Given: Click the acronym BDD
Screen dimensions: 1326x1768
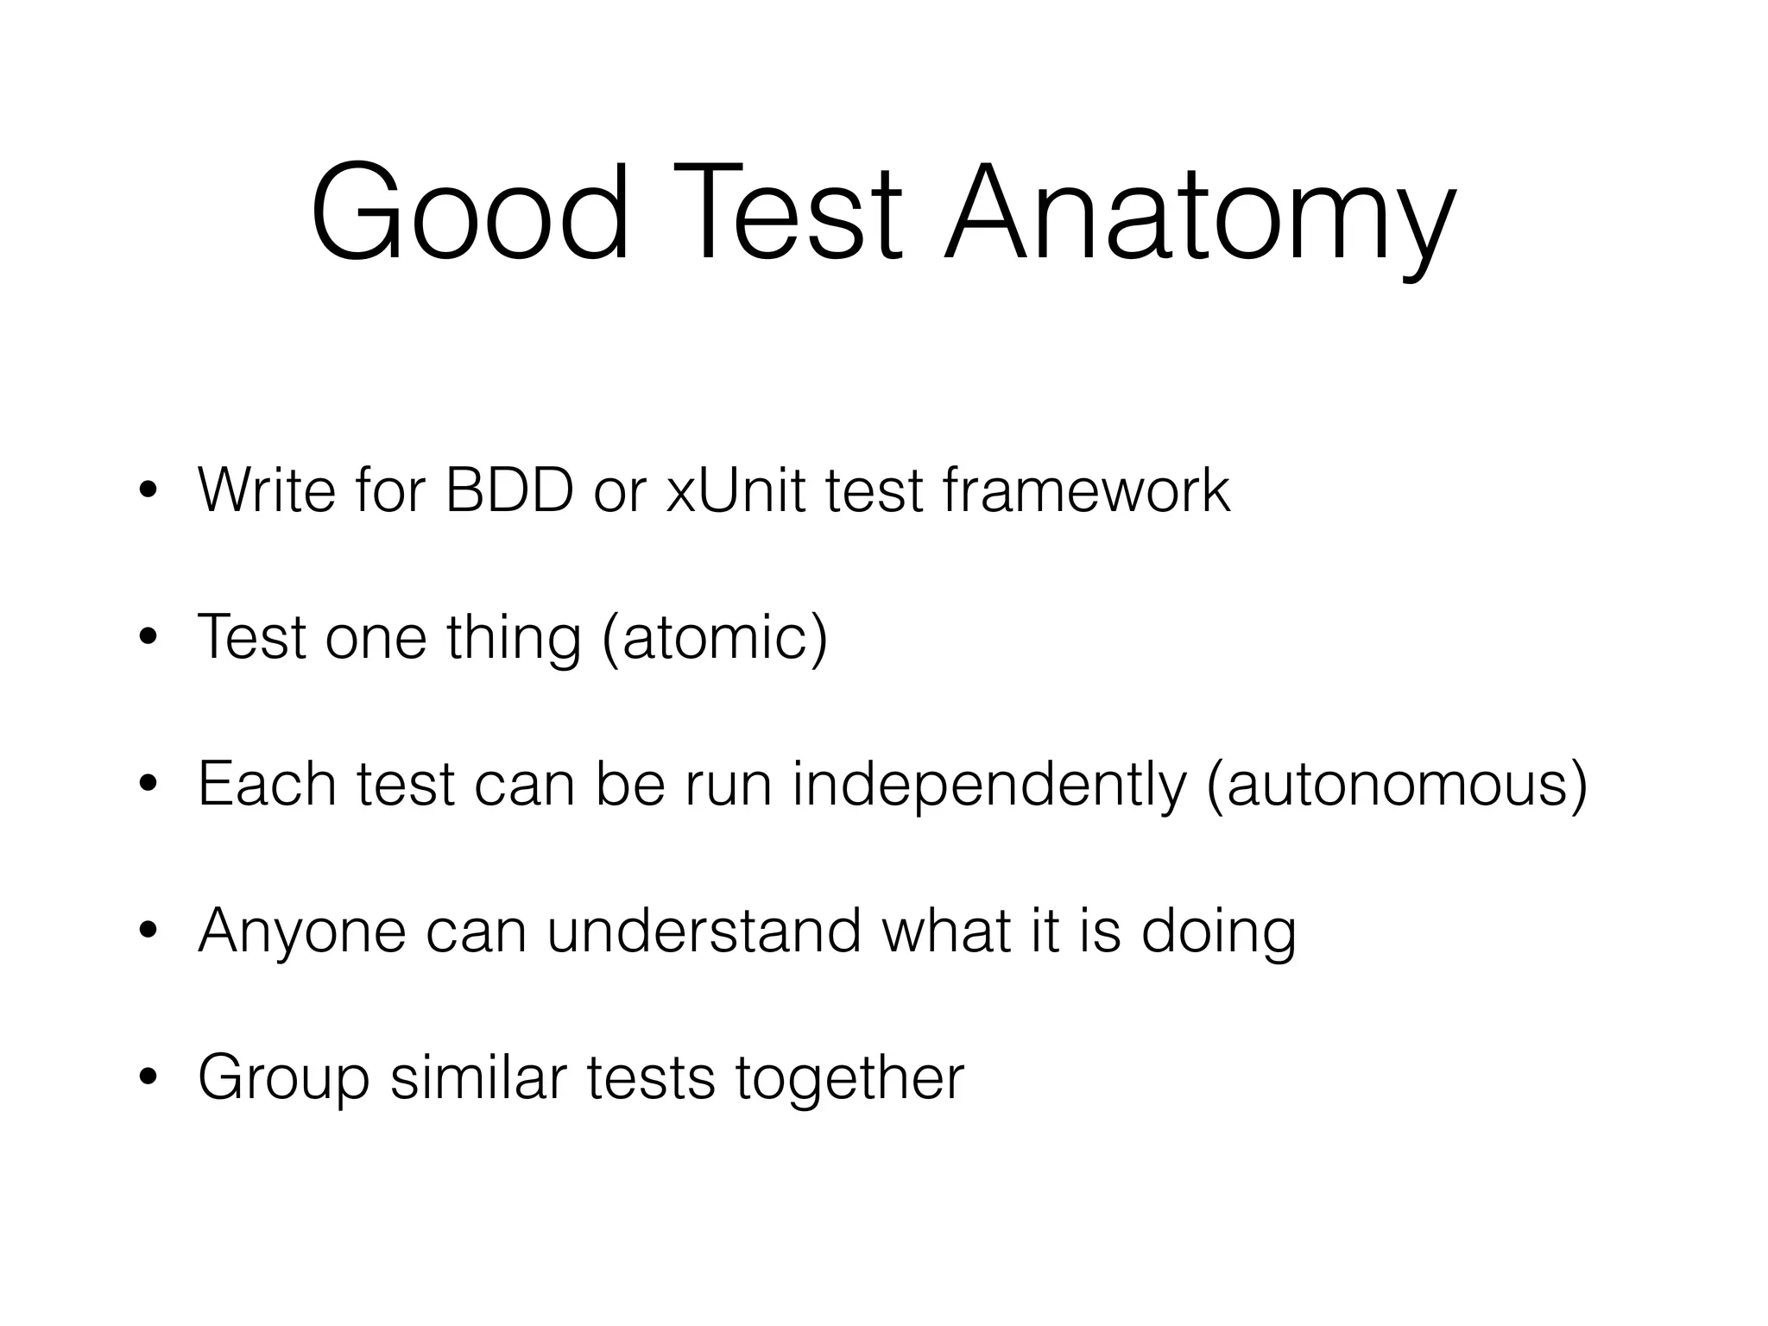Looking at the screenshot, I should (509, 490).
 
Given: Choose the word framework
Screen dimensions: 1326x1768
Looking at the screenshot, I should (1086, 490).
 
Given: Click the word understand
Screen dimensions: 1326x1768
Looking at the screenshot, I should (704, 931).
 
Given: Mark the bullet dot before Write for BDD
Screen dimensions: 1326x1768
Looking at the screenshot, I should (148, 491).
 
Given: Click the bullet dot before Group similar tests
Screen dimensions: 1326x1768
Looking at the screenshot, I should (148, 1078).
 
